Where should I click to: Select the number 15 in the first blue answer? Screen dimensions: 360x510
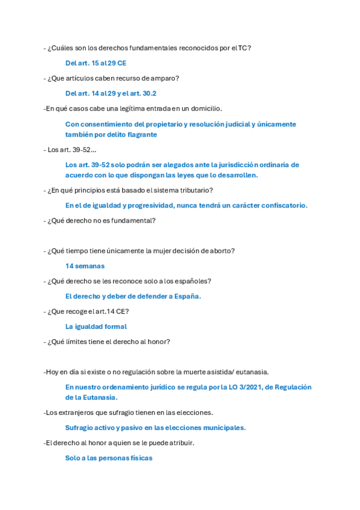[96, 63]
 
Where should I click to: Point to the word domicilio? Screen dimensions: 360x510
[204, 108]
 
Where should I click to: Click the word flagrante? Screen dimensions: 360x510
[140, 135]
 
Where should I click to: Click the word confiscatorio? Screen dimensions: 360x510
[277, 205]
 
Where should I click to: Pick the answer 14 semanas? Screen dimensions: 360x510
[85, 266]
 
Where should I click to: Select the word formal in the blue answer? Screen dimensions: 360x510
[114, 327]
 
